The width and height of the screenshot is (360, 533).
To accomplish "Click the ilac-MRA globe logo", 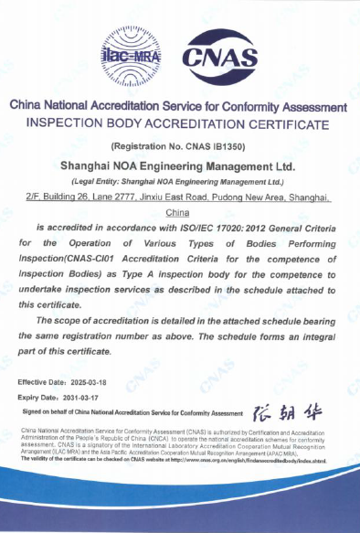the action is pos(132,56).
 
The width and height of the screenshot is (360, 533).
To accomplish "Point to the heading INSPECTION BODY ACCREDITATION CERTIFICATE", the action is pos(178,123).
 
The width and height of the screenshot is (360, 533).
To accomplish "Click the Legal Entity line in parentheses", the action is pos(178,181).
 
